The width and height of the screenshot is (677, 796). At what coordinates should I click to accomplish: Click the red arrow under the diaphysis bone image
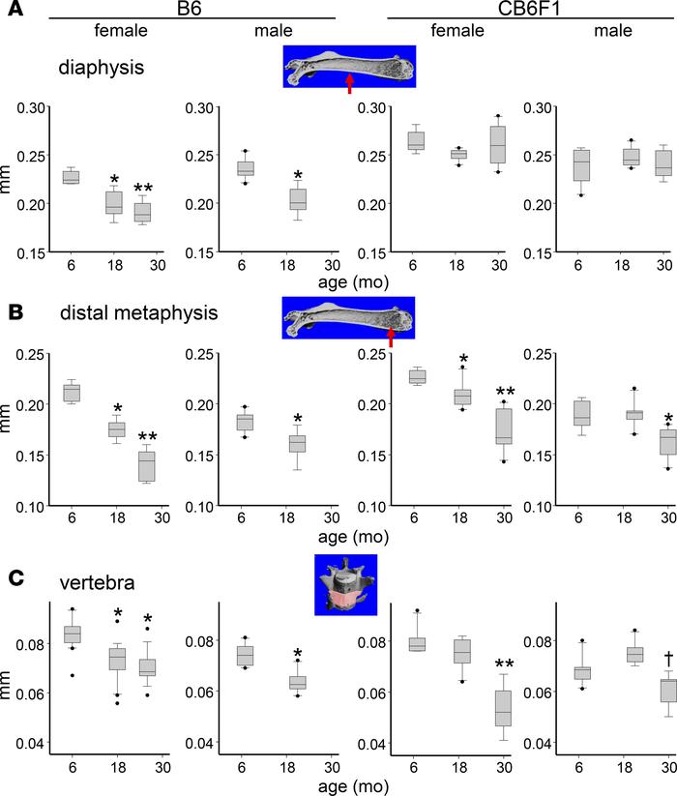point(350,83)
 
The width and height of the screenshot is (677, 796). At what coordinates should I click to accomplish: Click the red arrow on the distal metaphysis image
point(391,336)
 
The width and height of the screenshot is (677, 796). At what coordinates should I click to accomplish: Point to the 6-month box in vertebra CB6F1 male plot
point(581,672)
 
